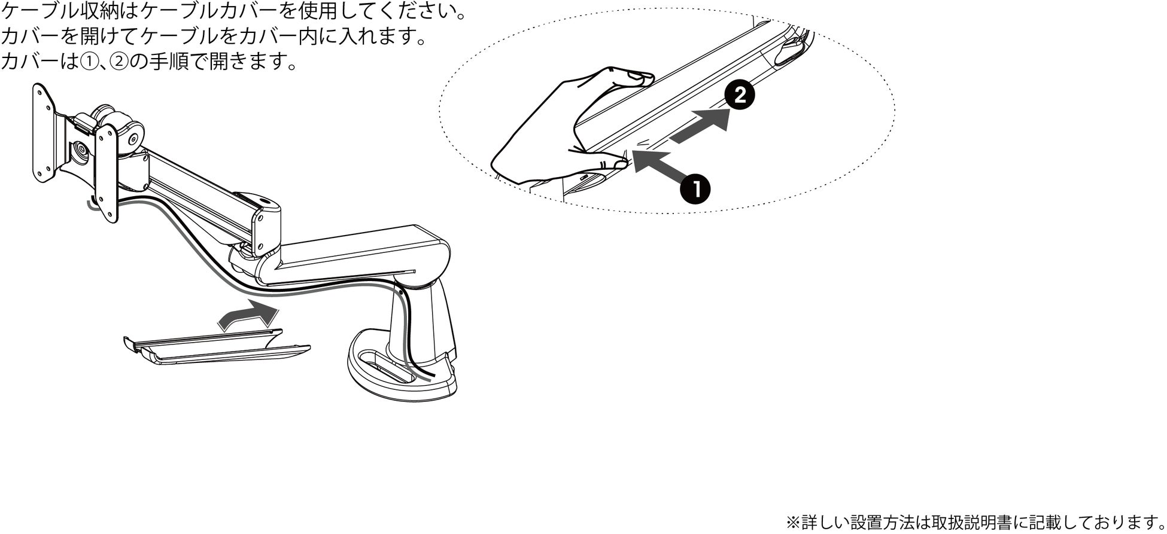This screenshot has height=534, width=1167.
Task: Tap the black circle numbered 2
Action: coord(740,96)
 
